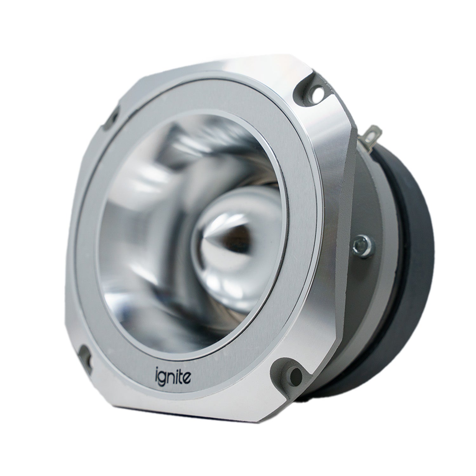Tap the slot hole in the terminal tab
(x=375, y=131)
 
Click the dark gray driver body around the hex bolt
(x=365, y=270)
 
